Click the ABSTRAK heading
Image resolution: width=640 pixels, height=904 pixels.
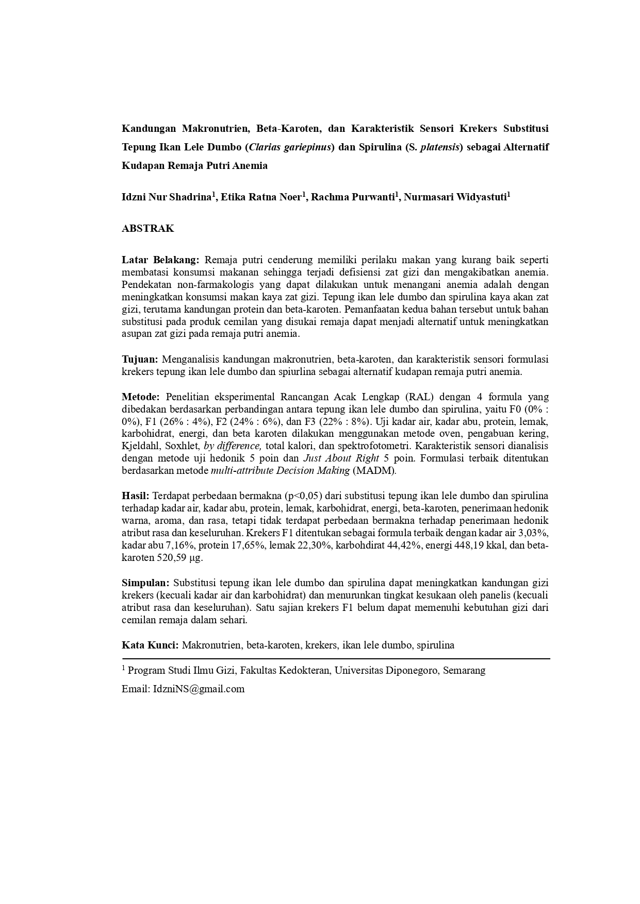[147, 229]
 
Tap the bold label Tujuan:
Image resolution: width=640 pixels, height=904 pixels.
[140, 359]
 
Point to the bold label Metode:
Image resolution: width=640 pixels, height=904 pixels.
[141, 397]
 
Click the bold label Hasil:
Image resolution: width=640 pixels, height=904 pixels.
[136, 496]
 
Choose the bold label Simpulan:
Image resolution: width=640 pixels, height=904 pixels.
[145, 583]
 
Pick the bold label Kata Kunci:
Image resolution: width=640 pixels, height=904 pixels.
[150, 645]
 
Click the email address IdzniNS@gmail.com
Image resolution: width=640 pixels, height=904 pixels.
[199, 689]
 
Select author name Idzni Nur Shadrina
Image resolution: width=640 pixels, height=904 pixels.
[167, 197]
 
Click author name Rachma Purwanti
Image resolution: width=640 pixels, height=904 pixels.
[353, 197]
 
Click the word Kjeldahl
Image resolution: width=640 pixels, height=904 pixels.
[141, 446]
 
